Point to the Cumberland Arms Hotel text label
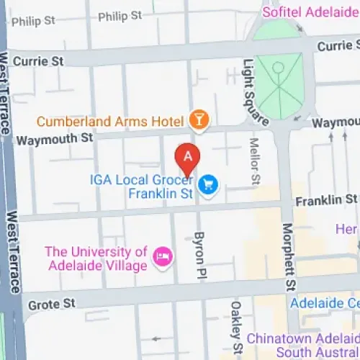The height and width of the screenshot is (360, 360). pos(110,121)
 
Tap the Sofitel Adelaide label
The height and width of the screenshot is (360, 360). pos(311,12)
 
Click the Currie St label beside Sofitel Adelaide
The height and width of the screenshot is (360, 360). pos(338,45)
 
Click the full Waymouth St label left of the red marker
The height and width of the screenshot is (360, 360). pos(66,138)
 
